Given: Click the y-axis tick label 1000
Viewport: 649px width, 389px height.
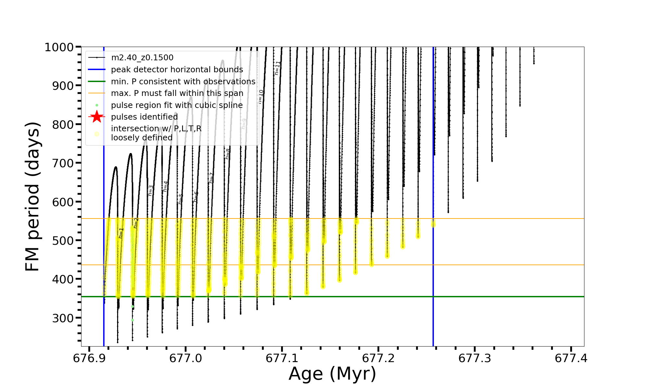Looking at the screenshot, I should click(59, 47).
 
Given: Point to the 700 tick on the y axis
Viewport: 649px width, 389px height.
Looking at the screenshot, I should click(63, 163).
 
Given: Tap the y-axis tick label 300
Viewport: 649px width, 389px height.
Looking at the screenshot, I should click(63, 318).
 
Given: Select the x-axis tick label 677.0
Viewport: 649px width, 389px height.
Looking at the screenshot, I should click(186, 358).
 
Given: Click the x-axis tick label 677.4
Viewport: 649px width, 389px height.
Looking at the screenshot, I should click(571, 358).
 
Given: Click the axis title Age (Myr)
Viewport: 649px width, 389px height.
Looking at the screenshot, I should click(332, 374).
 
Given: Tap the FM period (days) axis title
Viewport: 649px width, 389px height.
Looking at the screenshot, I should click(33, 196).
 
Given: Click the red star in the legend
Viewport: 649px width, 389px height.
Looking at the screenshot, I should click(97, 117).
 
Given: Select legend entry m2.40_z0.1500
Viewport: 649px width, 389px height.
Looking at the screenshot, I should click(142, 58).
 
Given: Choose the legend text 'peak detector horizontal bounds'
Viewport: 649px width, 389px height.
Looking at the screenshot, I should click(177, 70).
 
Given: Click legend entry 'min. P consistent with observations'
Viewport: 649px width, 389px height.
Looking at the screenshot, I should click(183, 82).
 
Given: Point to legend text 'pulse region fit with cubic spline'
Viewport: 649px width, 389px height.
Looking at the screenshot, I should click(177, 105).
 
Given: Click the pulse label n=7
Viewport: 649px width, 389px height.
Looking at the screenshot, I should click(212, 178).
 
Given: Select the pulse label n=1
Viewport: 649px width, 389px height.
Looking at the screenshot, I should click(121, 233).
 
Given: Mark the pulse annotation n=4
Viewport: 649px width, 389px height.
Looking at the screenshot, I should click(165, 186).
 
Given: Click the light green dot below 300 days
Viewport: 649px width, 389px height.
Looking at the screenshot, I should click(132, 320).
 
